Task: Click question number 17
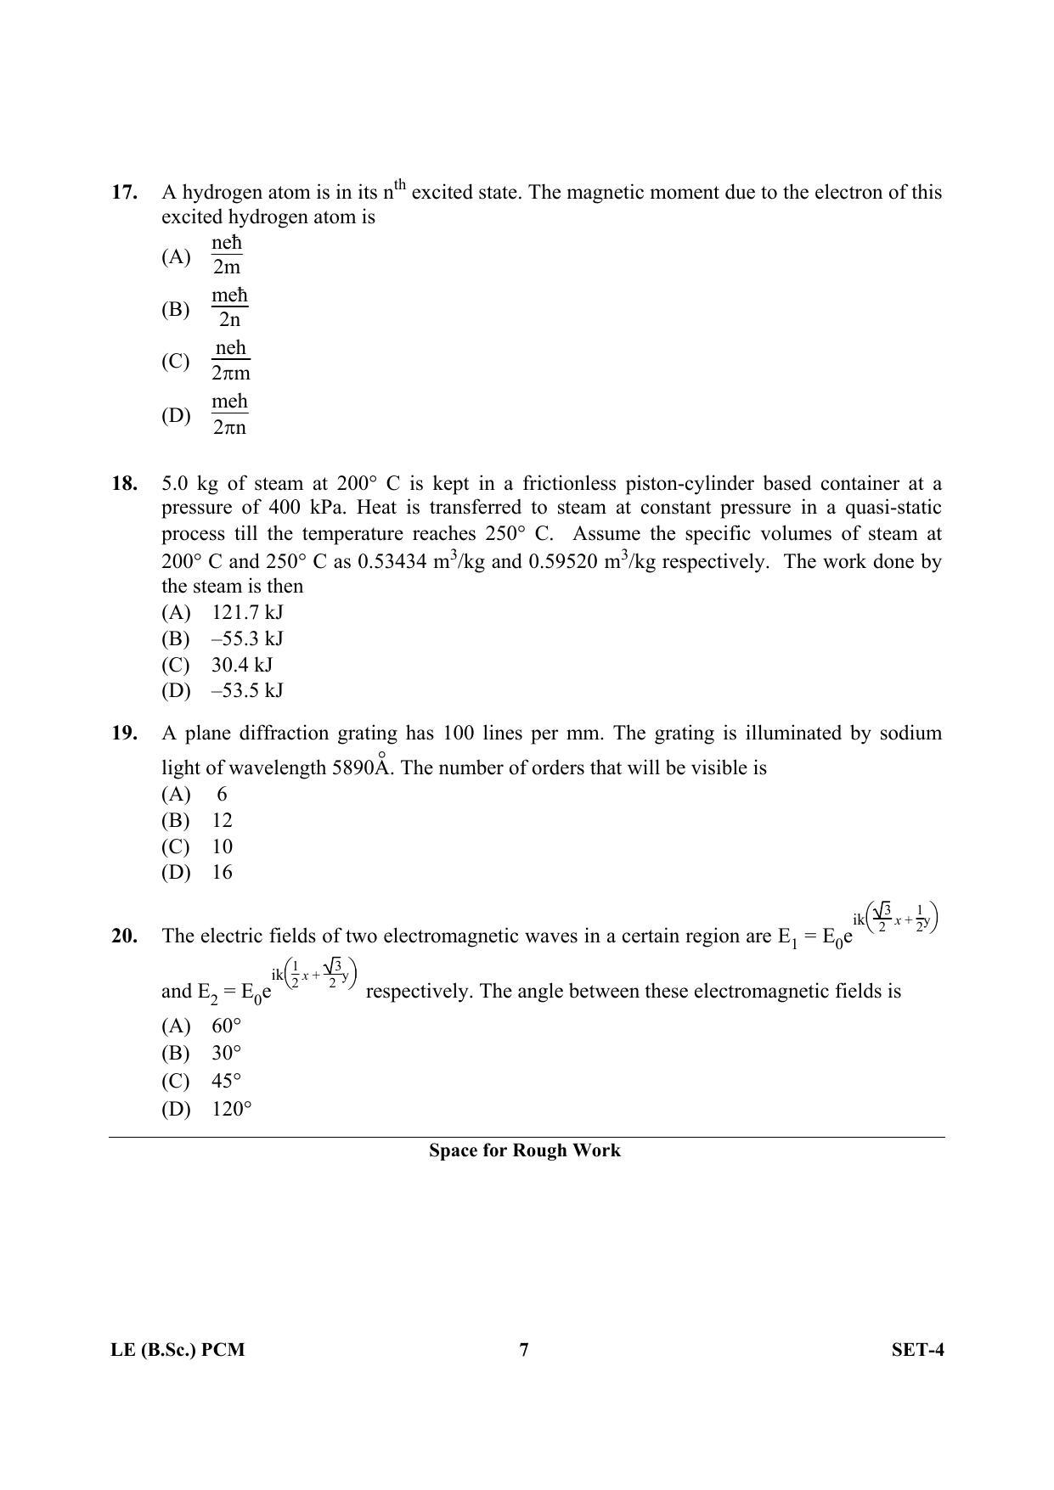[x=124, y=193]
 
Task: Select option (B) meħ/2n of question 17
[x=229, y=307]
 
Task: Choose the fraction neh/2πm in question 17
[x=230, y=360]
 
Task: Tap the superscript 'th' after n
[x=400, y=183]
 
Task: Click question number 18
[x=124, y=484]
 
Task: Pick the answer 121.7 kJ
[x=247, y=612]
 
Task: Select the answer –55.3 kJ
[x=247, y=638]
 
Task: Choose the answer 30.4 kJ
[x=242, y=665]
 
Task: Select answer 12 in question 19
[x=222, y=820]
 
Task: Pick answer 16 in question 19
[x=222, y=872]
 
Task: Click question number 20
[x=124, y=936]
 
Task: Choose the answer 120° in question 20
[x=232, y=1109]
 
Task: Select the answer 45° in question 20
[x=227, y=1081]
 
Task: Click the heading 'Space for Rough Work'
[x=524, y=1150]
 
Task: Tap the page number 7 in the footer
[x=524, y=1350]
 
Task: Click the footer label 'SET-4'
[x=917, y=1350]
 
